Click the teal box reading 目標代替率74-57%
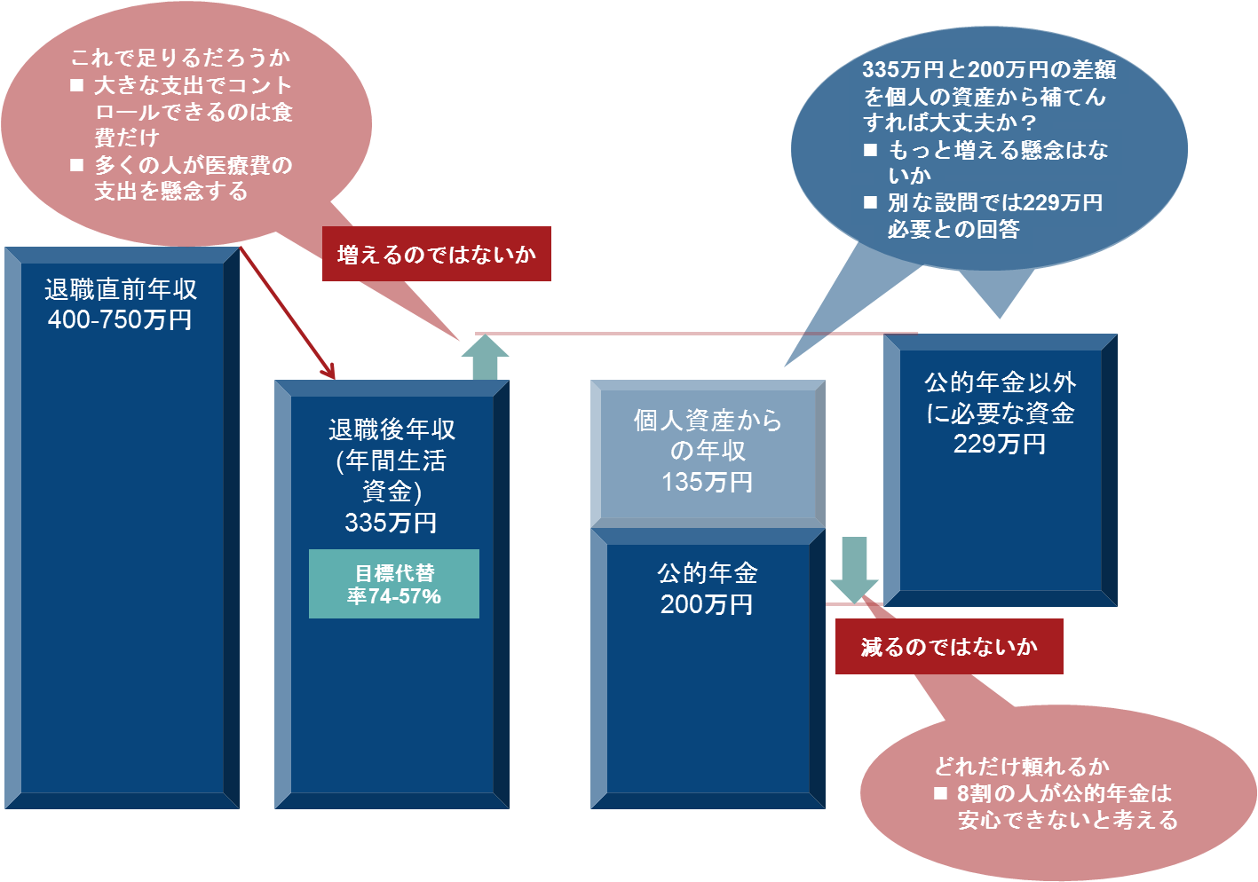click(x=393, y=584)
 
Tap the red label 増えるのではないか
click(x=436, y=255)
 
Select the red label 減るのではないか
click(x=948, y=647)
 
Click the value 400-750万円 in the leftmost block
click(x=120, y=320)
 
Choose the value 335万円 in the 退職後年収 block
click(x=391, y=523)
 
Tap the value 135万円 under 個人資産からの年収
click(x=707, y=483)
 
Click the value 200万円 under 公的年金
click(x=707, y=604)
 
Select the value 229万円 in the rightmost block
click(x=1000, y=444)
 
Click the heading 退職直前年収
click(x=121, y=289)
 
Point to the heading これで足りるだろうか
click(x=180, y=59)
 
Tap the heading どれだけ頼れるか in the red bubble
click(x=1021, y=767)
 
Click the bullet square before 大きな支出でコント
click(x=77, y=86)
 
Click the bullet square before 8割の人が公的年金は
click(x=941, y=794)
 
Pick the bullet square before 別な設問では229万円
click(x=871, y=203)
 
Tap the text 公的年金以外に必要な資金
click(x=1000, y=398)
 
